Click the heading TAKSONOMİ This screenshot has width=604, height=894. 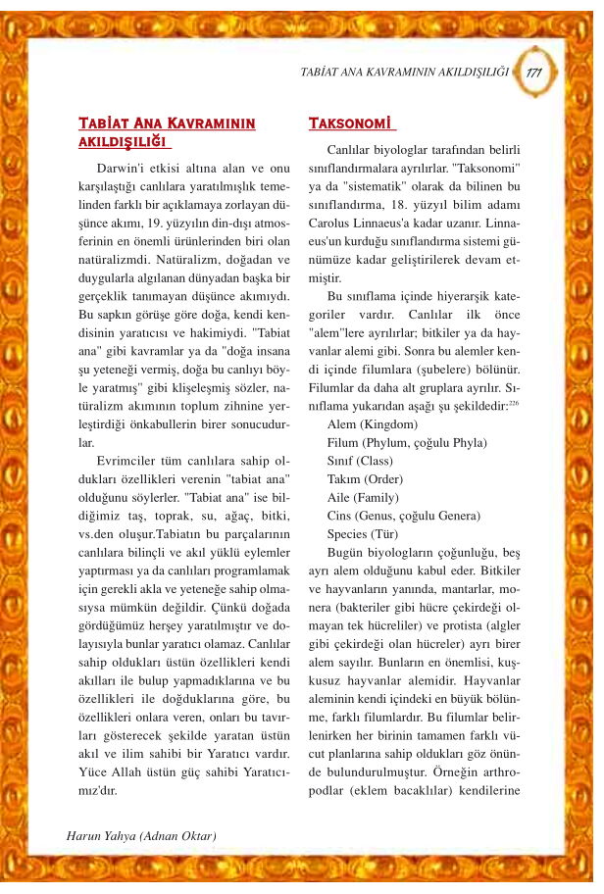tap(351, 124)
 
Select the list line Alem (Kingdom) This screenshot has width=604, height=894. tap(372, 424)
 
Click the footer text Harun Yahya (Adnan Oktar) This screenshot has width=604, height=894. tap(140, 836)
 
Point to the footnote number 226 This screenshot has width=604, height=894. tap(514, 402)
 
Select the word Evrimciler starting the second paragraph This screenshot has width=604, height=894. tap(128, 461)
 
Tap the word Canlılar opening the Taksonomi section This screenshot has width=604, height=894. tap(352, 148)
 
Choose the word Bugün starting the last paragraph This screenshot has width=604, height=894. tap(346, 553)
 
